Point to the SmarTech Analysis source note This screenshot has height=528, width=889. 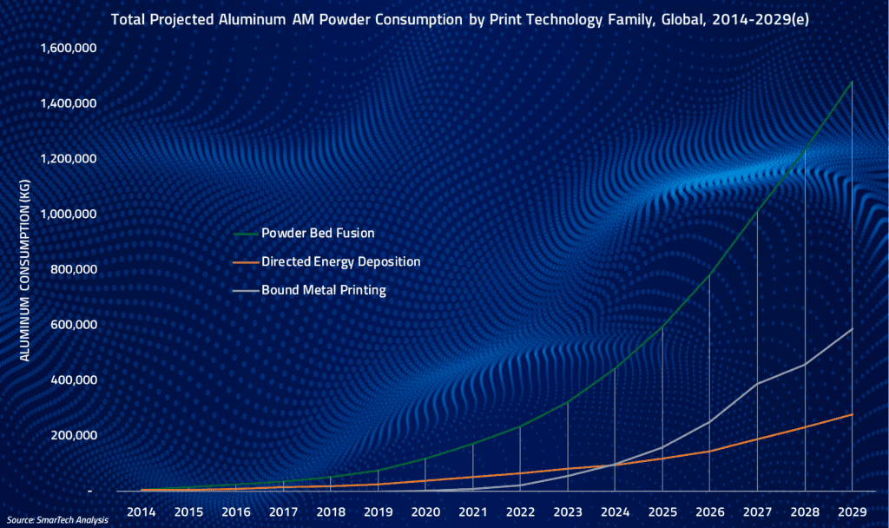50,520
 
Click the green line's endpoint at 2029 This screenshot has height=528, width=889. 852,82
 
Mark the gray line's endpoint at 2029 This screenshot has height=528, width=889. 852,329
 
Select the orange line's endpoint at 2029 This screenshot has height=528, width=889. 852,414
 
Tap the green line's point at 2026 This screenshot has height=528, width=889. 709,274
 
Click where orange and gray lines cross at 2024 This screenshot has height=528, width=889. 615,464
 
